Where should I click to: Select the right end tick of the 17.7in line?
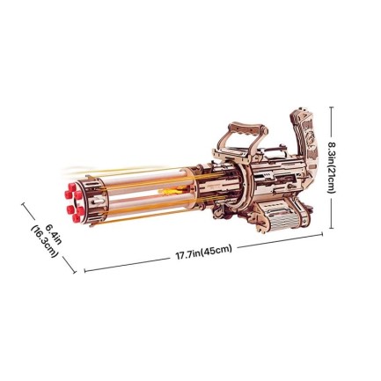point(323,234)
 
